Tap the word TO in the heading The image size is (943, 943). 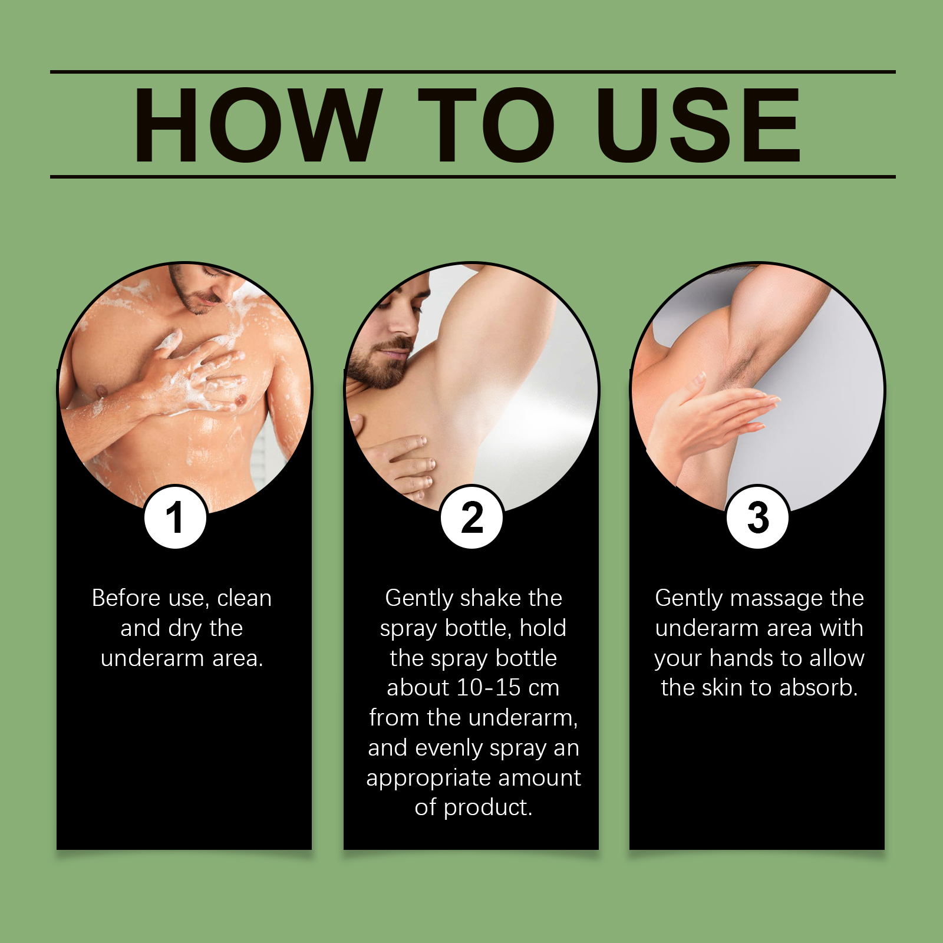click(486, 124)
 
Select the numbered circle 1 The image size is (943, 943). click(175, 517)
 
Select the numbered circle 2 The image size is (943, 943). click(471, 517)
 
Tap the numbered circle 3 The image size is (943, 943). click(757, 517)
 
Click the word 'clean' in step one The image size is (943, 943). click(244, 598)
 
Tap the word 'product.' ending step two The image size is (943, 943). click(488, 808)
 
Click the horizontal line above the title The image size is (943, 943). click(473, 72)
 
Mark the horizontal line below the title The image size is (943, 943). click(473, 176)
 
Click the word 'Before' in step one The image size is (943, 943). click(126, 598)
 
